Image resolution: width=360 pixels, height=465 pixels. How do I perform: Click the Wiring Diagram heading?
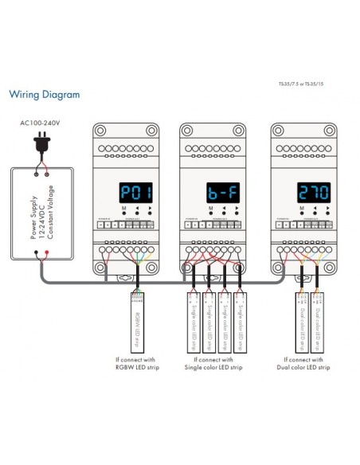(44, 95)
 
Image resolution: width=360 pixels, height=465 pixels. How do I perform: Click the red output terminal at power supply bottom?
(45, 255)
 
